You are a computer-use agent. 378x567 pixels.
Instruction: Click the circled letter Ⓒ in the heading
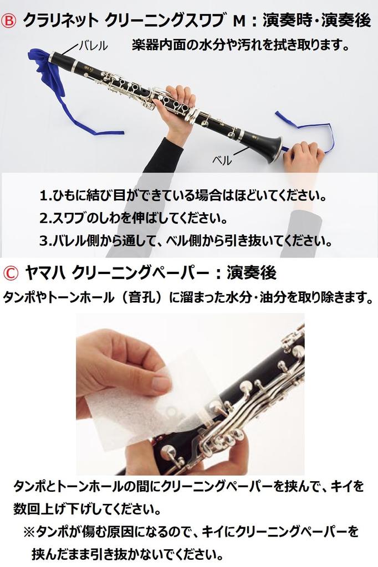click(11, 272)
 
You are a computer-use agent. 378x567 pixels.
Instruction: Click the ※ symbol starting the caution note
click(29, 532)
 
